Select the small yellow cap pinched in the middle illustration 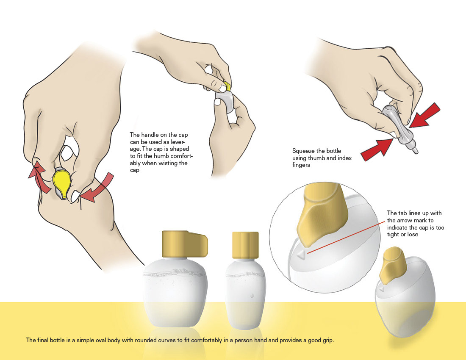point(227,86)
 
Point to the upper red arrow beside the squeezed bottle point(424,116)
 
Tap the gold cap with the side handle point(185,244)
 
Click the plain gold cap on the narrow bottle point(245,245)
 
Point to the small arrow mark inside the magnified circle point(302,254)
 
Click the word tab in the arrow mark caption point(402,213)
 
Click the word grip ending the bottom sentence point(327,341)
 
